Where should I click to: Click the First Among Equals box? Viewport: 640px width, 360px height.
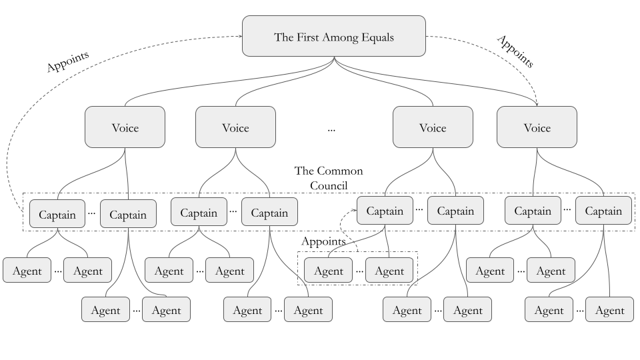[x=333, y=36]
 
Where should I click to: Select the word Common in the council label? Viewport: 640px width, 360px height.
[x=340, y=171]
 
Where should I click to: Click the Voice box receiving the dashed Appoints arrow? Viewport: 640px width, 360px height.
[x=537, y=127]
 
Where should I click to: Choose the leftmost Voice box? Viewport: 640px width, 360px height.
[x=125, y=127]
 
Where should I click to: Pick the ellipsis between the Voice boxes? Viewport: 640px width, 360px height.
[x=331, y=129]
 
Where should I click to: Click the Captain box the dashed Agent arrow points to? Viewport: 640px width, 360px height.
[x=385, y=211]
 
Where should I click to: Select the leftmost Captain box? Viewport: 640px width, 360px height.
[x=57, y=214]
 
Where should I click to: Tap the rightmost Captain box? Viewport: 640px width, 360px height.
[x=603, y=211]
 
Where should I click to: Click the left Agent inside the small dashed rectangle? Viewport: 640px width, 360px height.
[x=328, y=271]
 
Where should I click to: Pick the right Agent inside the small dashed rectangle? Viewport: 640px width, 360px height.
[x=389, y=271]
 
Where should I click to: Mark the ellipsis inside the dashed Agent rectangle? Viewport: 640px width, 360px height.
[x=359, y=271]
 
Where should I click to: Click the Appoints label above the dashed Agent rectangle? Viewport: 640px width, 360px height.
[x=323, y=241]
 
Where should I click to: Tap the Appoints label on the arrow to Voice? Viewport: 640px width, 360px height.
[x=515, y=51]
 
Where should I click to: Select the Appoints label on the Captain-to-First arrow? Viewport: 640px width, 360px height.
[x=67, y=62]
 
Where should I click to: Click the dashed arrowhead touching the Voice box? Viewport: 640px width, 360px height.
[x=537, y=103]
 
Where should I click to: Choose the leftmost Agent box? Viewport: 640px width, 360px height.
[x=27, y=271]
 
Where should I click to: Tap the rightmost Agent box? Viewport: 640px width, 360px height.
[x=609, y=310]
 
